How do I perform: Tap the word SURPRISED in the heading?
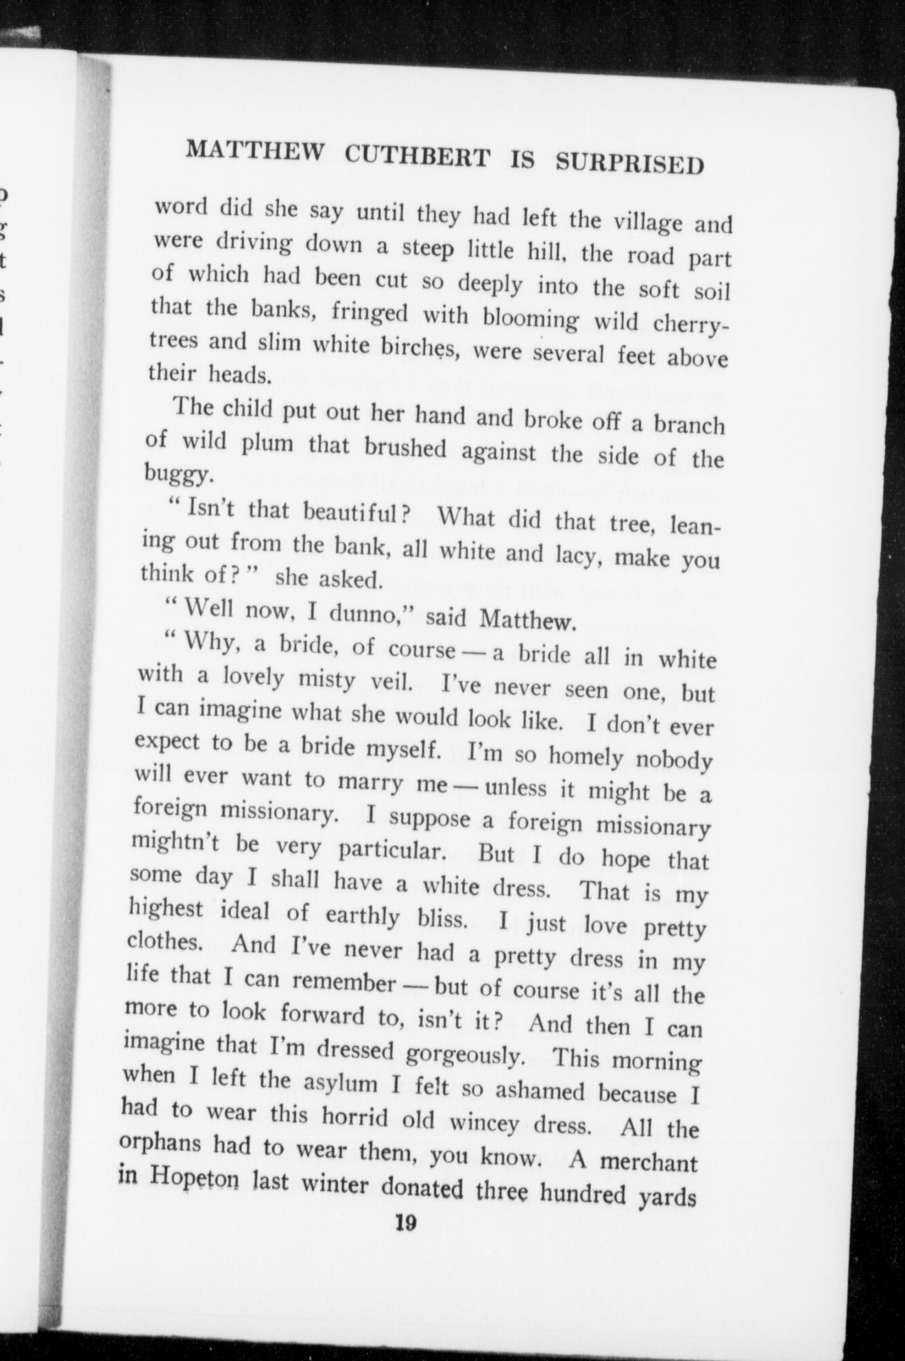[629, 163]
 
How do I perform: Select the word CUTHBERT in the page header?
[418, 157]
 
